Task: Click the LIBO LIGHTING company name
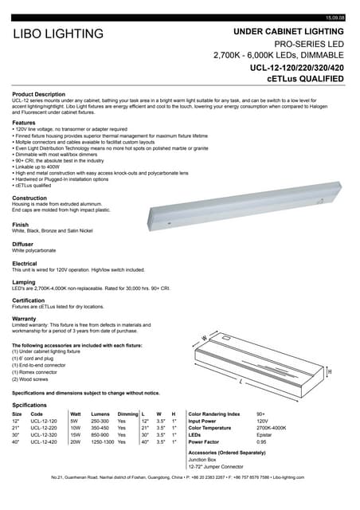(58, 33)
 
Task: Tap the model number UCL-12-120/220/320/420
(296, 68)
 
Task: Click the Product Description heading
(39, 94)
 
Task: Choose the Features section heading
(24, 123)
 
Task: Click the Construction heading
(30, 198)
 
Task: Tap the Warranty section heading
(25, 319)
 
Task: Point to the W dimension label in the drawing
(204, 338)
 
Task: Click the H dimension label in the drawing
(329, 372)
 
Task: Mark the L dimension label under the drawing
(241, 382)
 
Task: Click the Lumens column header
(100, 414)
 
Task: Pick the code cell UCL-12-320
(44, 434)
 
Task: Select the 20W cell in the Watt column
(76, 441)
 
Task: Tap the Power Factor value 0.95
(261, 441)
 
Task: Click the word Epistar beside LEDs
(264, 434)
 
